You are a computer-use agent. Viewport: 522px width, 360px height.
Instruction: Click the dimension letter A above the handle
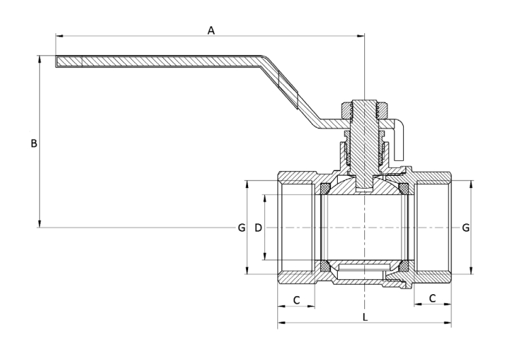click(x=211, y=31)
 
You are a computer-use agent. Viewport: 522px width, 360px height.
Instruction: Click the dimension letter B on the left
click(x=33, y=143)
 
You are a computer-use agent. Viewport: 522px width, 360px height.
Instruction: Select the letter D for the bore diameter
click(x=258, y=228)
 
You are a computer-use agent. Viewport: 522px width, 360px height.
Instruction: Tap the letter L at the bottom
click(x=365, y=317)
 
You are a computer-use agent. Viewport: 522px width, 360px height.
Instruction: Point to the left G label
click(x=241, y=228)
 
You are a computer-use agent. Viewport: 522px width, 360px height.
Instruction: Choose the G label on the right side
click(x=466, y=228)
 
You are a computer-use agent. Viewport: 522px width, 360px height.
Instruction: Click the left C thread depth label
click(x=296, y=299)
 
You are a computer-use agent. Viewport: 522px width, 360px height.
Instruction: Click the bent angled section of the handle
click(x=289, y=88)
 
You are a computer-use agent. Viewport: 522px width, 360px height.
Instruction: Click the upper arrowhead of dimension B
click(x=40, y=58)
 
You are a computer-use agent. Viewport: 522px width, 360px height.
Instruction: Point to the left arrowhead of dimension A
click(x=59, y=35)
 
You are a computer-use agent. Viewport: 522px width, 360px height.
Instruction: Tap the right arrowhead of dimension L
click(x=448, y=323)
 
